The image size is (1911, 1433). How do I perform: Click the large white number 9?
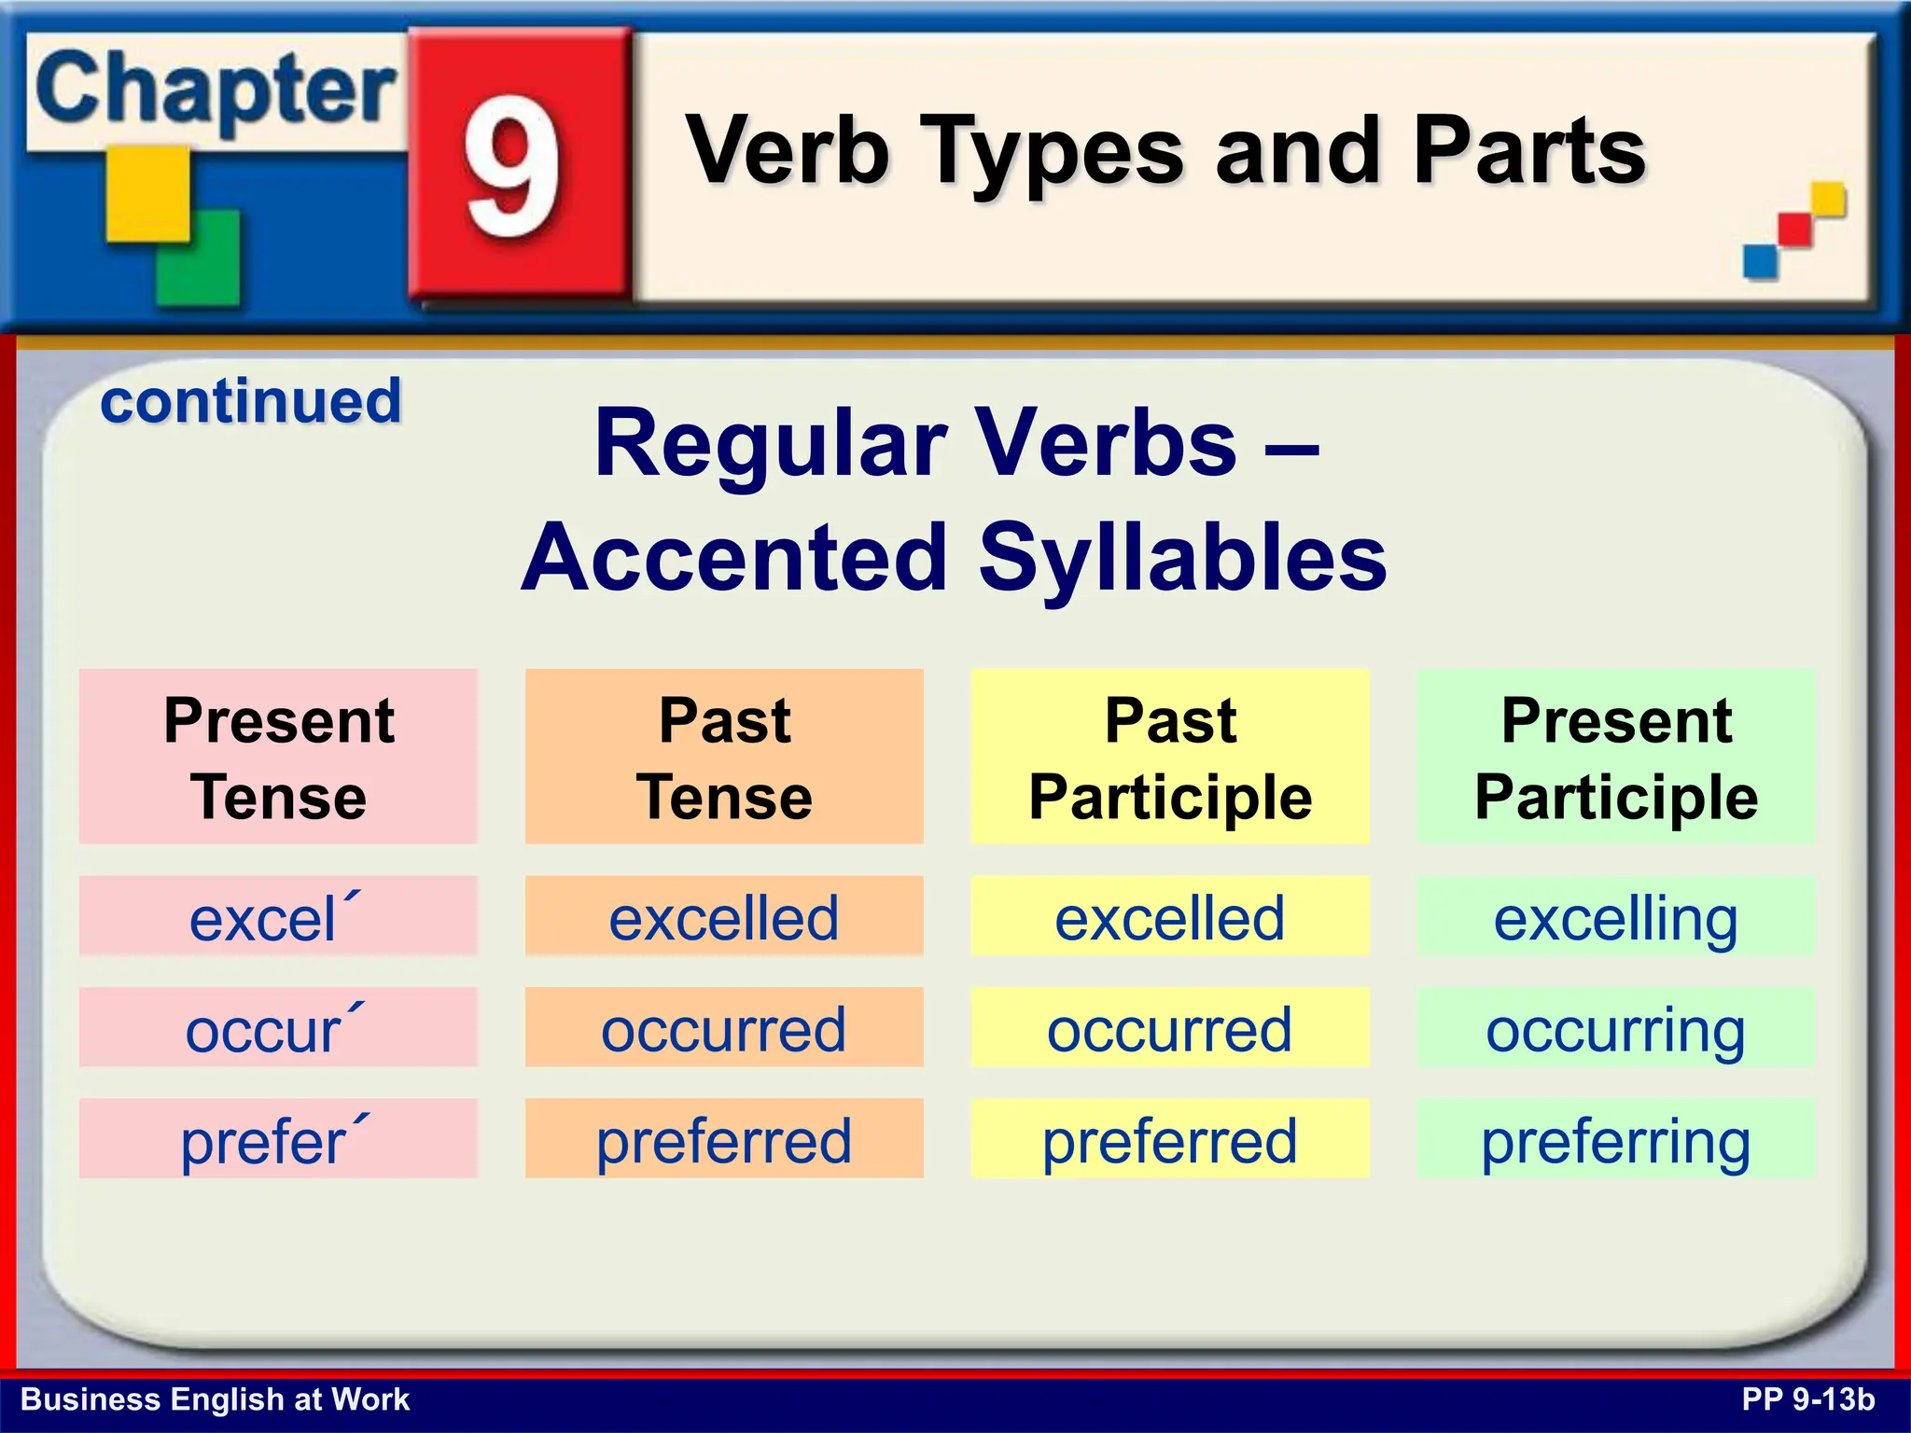(512, 165)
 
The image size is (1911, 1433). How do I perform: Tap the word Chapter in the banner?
(216, 90)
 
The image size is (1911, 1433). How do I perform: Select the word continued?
(250, 401)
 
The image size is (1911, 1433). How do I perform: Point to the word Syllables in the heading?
(1182, 557)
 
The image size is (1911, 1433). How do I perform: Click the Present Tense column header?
(278, 757)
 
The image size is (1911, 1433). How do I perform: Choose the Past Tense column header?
(724, 757)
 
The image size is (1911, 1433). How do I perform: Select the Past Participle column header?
(1170, 757)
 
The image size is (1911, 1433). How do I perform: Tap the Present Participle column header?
(1616, 757)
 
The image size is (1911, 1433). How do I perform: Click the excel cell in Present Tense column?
(278, 916)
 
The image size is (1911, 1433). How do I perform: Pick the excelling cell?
(1616, 916)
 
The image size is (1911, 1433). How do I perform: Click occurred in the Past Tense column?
(724, 1027)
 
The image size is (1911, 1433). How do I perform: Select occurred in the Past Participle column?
(1170, 1027)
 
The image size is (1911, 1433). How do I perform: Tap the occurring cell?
(1616, 1027)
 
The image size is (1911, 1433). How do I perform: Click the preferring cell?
(1616, 1139)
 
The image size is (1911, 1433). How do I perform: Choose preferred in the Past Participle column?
(1170, 1139)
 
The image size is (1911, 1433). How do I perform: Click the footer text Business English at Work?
(215, 1399)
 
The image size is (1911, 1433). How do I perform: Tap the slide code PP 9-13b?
(1808, 1399)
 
